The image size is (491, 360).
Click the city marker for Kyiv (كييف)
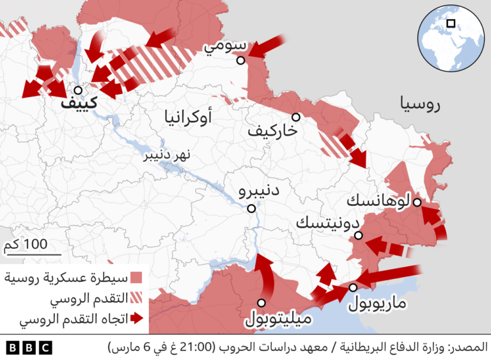coord(77,91)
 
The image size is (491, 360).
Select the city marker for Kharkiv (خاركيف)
coord(296,117)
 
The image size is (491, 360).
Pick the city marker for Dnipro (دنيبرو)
coord(252,208)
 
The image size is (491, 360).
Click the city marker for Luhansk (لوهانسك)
coord(416,202)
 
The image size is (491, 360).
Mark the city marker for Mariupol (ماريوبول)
coord(353,288)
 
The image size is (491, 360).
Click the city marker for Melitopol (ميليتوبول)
coord(261,303)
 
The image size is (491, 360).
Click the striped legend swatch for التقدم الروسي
coord(136,298)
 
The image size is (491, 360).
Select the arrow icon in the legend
coord(136,318)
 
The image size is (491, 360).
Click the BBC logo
coord(29,347)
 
